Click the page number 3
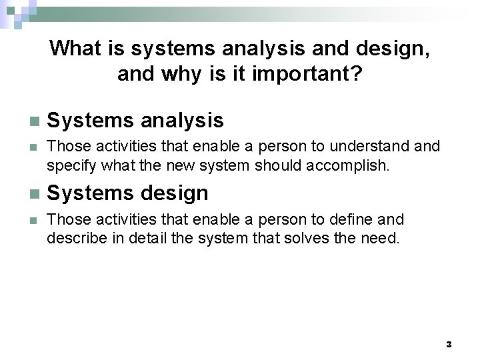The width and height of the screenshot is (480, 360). point(449,345)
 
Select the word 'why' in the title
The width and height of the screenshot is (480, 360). point(181,74)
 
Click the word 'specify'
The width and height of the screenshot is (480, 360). point(71,165)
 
